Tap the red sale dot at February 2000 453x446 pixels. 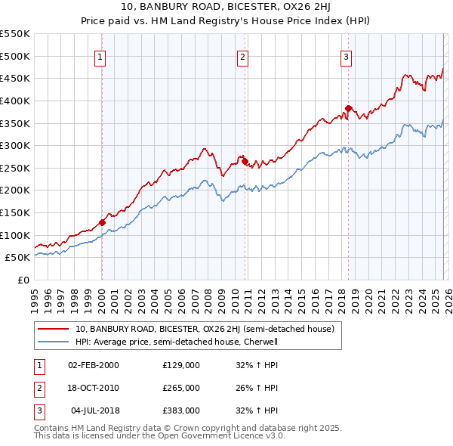click(x=102, y=222)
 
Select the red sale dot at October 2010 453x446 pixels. click(x=245, y=160)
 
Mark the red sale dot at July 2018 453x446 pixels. click(x=348, y=108)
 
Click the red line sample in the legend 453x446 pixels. click(x=54, y=329)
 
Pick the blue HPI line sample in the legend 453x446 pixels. click(x=54, y=342)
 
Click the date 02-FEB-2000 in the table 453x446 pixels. click(x=94, y=365)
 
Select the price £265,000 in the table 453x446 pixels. click(x=181, y=388)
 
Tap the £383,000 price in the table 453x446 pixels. click(x=181, y=410)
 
